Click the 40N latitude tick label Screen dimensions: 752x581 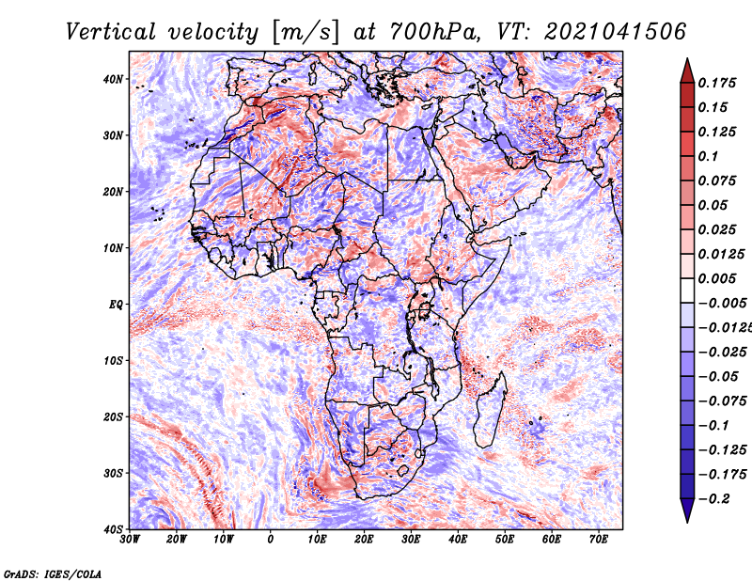112,79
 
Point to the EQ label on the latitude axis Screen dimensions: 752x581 115,305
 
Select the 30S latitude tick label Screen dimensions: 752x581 113,473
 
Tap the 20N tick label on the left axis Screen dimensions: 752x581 112,192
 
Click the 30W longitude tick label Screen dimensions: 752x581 130,540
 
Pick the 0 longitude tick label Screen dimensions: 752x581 271,540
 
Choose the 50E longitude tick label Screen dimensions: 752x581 505,540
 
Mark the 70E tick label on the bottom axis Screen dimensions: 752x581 599,540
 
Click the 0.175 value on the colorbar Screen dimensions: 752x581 717,83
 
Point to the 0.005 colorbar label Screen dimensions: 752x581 717,278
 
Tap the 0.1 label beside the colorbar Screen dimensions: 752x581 709,156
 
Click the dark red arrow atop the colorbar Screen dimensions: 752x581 687,72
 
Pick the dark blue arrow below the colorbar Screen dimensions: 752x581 687,510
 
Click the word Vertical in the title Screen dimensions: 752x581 111,32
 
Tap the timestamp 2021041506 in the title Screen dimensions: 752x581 616,32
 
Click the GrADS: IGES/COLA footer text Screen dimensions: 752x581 53,573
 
